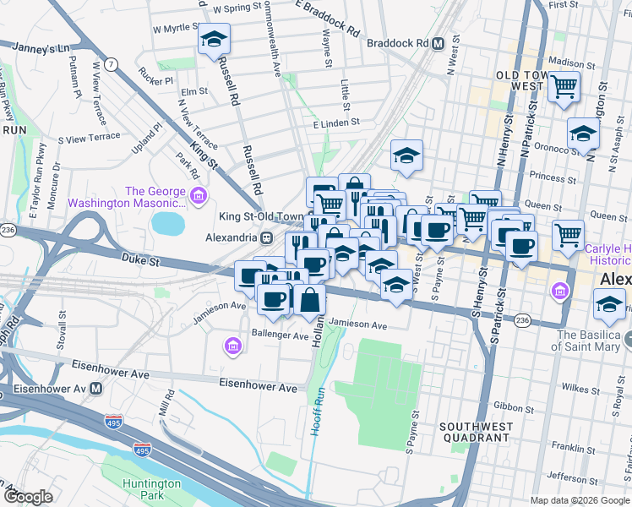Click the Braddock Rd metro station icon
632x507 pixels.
pyautogui.click(x=438, y=43)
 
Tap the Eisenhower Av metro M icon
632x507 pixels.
pyautogui.click(x=96, y=389)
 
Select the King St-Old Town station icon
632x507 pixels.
pyautogui.click(x=265, y=237)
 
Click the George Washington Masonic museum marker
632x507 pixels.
pyautogui.click(x=199, y=197)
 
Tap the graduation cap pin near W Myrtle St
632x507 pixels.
pyautogui.click(x=214, y=40)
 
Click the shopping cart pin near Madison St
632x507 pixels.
pyautogui.click(x=564, y=85)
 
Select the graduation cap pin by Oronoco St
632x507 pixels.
pyautogui.click(x=583, y=134)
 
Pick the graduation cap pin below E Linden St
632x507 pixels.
pyautogui.click(x=406, y=155)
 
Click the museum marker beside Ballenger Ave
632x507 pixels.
pyautogui.click(x=233, y=345)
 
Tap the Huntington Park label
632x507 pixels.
pyautogui.click(x=150, y=489)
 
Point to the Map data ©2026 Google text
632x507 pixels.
pyautogui.click(x=579, y=500)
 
